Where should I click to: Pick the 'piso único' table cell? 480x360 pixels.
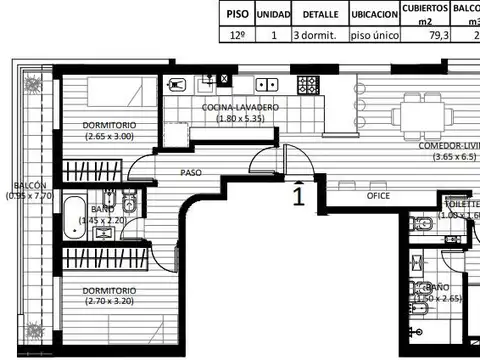point(374,35)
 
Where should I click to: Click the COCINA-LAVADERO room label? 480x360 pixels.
point(240,107)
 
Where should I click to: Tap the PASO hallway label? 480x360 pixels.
point(191,173)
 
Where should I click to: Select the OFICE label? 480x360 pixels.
point(378,196)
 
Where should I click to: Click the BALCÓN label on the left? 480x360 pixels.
point(30,185)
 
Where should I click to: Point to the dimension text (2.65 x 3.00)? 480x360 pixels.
point(109,136)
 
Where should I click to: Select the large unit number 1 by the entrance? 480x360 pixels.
point(298,195)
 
